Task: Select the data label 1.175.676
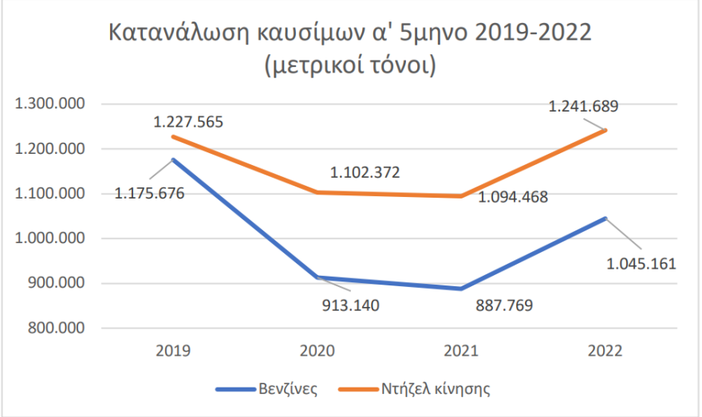pos(150,194)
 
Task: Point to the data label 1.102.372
pos(365,171)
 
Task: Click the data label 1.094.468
pos(513,197)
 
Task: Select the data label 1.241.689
pos(584,104)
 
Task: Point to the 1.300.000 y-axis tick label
pos(50,104)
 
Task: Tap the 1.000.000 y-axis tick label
pos(50,238)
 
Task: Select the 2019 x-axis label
pos(173,351)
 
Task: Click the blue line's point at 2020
pos(317,277)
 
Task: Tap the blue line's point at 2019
pos(173,159)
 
